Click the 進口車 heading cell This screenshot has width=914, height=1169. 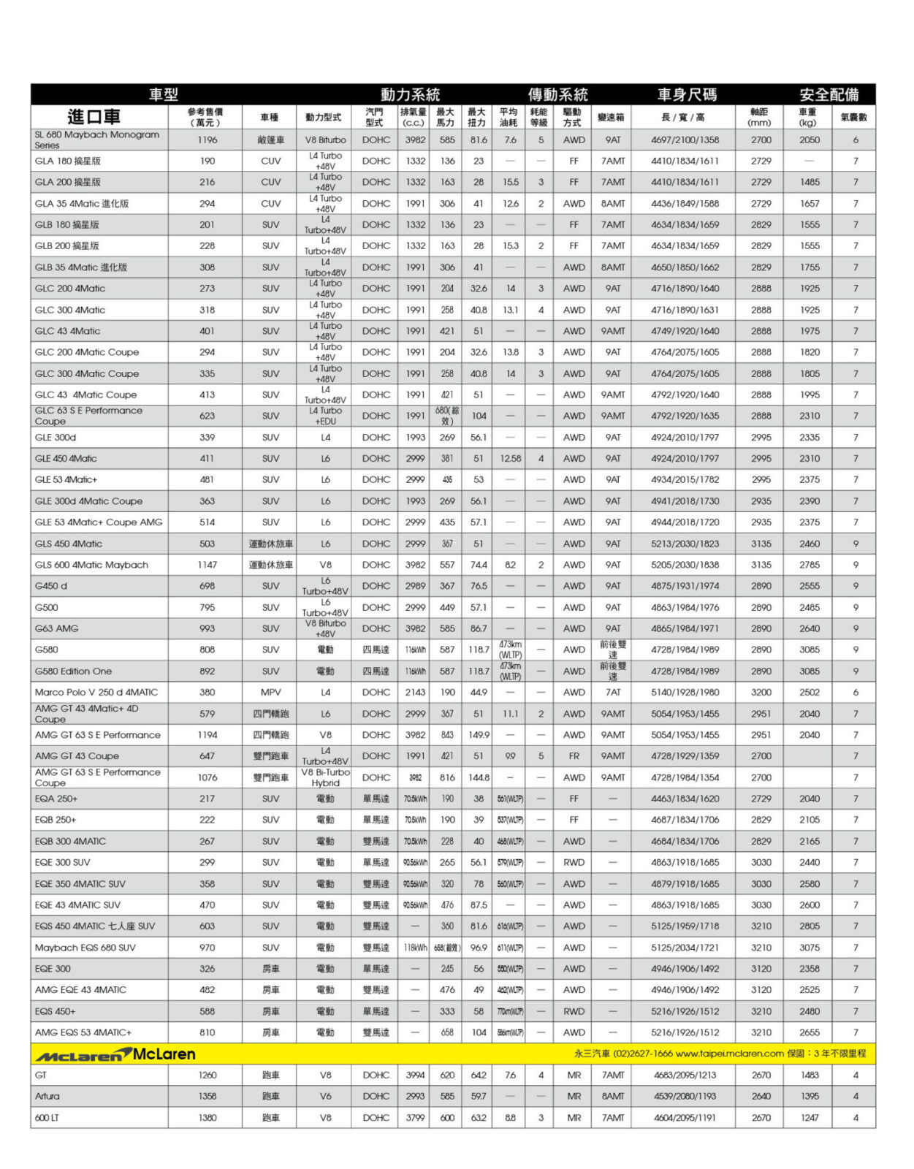(x=94, y=117)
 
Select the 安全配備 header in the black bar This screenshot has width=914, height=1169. (x=829, y=94)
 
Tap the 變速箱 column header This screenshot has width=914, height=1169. (x=612, y=117)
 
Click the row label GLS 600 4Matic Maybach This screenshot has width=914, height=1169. (x=91, y=565)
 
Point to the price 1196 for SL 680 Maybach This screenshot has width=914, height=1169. (x=207, y=140)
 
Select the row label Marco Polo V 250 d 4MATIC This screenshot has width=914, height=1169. (x=96, y=692)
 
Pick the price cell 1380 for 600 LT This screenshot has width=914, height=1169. (x=207, y=1117)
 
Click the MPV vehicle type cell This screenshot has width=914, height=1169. (x=270, y=692)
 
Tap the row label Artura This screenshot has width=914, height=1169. (x=47, y=1096)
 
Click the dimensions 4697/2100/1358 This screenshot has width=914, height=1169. (x=685, y=140)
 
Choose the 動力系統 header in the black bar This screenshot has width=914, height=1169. (x=410, y=94)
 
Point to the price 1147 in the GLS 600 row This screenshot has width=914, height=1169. (x=207, y=565)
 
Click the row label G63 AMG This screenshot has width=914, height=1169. (x=56, y=628)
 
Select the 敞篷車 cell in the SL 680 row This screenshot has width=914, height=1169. (x=270, y=140)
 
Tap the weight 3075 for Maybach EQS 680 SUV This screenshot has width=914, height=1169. (x=809, y=948)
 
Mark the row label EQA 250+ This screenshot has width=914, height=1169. (x=56, y=799)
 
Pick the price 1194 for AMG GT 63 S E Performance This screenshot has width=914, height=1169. (x=207, y=735)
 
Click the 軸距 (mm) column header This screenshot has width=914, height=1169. (x=760, y=117)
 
